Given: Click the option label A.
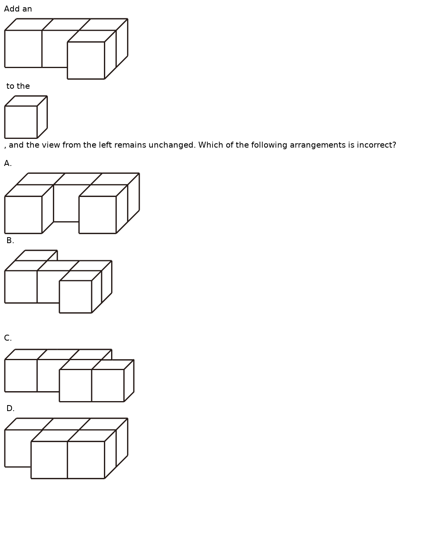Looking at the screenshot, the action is (8, 164).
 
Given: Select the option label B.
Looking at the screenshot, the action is (10, 241).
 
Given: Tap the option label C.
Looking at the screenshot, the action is (8, 338).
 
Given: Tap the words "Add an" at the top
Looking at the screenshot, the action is (18, 9).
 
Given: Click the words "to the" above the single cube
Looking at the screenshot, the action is (18, 86).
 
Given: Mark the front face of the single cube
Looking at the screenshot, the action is (21, 122).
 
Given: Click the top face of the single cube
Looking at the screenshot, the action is (26, 101).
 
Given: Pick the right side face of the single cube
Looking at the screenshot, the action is (42, 117).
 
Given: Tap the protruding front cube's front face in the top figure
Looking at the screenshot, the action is (86, 60).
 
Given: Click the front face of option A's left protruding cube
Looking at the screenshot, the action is (23, 215).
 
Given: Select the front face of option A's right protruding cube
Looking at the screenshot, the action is (98, 215).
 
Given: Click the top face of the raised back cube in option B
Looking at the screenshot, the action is (36, 255).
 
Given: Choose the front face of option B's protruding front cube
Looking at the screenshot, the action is (76, 297).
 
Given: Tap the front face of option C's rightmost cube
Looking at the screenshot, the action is (108, 386).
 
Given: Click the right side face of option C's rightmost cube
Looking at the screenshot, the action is (129, 381).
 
